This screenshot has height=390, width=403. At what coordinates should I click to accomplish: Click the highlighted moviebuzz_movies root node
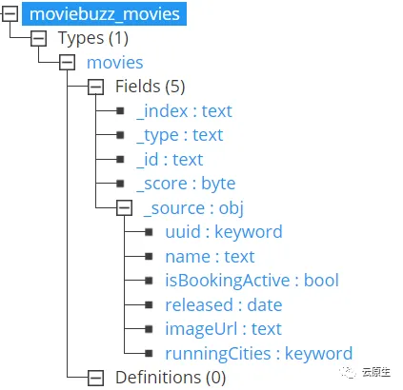(x=104, y=14)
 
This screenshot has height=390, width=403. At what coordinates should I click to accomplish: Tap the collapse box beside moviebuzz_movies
(x=10, y=14)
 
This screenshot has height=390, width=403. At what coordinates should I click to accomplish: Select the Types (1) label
(x=93, y=38)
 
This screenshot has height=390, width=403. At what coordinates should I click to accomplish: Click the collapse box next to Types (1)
(x=38, y=38)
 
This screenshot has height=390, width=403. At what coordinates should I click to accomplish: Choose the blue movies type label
(x=115, y=63)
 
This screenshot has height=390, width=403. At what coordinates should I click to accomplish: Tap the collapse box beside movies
(x=67, y=63)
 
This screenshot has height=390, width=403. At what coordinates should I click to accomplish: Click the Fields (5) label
(x=150, y=87)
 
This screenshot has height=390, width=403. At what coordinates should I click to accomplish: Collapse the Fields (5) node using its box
(x=95, y=87)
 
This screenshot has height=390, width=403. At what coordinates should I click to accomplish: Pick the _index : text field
(x=185, y=111)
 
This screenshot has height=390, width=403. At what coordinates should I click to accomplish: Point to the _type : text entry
(x=180, y=135)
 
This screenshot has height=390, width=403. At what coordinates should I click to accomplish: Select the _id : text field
(x=170, y=160)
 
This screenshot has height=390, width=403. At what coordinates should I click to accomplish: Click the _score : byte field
(x=186, y=184)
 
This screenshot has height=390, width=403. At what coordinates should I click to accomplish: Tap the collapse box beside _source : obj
(x=124, y=207)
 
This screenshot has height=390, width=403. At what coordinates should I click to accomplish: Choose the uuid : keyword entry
(x=224, y=232)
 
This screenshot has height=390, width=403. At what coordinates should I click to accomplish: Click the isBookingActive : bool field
(x=252, y=281)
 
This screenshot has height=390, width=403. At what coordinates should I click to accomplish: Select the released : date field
(x=224, y=305)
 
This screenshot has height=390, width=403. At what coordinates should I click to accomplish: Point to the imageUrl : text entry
(x=223, y=329)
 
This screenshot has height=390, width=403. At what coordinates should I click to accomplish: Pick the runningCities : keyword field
(x=259, y=354)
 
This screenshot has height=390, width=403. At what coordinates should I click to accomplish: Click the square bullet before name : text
(x=149, y=256)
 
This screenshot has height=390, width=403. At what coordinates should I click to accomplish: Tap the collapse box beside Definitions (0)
(x=95, y=378)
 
